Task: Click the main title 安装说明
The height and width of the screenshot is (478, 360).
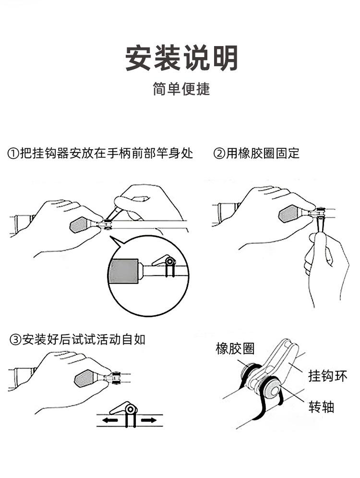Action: click(x=182, y=59)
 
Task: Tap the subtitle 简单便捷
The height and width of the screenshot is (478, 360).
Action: click(x=181, y=89)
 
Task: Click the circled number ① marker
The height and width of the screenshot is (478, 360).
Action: click(x=13, y=154)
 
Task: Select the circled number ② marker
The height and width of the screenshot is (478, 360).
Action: click(x=219, y=154)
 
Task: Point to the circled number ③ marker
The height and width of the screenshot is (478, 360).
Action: click(x=15, y=340)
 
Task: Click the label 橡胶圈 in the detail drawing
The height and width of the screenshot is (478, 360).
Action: click(x=235, y=349)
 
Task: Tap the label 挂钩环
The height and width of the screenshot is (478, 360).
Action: click(x=328, y=375)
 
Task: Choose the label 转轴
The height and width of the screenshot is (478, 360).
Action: click(x=321, y=407)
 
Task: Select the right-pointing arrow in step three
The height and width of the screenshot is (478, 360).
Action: click(x=149, y=420)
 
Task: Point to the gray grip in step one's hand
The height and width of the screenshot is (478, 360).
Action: click(x=80, y=224)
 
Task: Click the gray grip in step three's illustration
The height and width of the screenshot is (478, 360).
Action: click(x=85, y=379)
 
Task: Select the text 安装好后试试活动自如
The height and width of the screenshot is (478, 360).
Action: click(x=84, y=340)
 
